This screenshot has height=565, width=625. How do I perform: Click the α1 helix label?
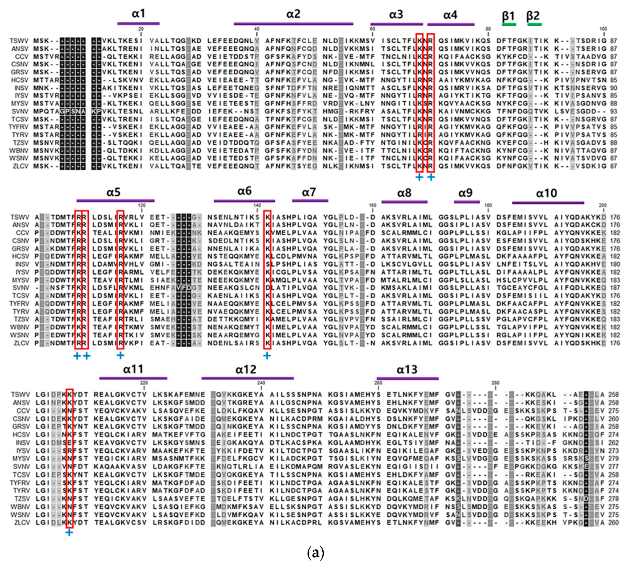coord(138,14)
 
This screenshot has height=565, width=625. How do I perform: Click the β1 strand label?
coord(508,15)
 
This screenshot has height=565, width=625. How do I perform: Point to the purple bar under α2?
coord(293,23)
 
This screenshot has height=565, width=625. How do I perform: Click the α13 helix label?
coord(407,369)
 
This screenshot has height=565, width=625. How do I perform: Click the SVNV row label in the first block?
coord(20,111)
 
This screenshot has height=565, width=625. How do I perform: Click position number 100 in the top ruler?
coord(603,29)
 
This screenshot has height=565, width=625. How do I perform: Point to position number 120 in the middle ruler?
coord(141,205)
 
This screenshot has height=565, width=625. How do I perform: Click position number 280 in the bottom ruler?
coord(495,383)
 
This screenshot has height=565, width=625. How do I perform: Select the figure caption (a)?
coord(315,553)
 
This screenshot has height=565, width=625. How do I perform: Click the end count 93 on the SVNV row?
coord(613,111)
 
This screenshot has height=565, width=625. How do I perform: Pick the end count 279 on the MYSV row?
coord(613,458)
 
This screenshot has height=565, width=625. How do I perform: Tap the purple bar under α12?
coord(247,378)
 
